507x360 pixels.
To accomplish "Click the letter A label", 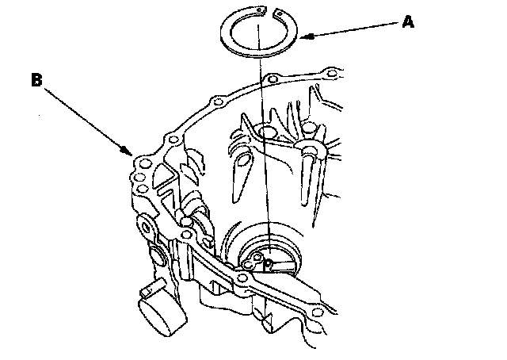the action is click(408, 23).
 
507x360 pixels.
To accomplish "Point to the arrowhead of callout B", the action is click(127, 151).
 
